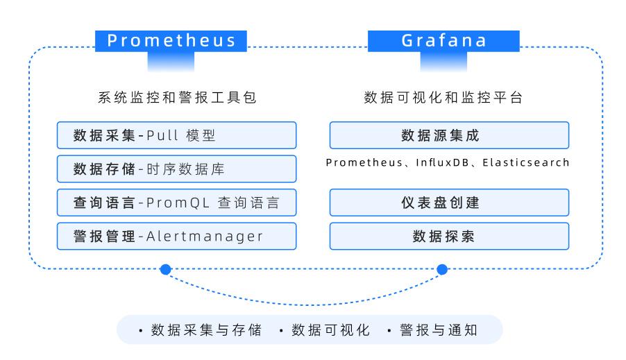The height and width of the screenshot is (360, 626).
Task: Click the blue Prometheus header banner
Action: click(171, 41)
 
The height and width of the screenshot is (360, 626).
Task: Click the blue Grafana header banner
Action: click(443, 41)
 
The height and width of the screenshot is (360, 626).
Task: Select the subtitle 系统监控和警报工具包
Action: click(177, 97)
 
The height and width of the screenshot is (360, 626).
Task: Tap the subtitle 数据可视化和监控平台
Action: click(443, 97)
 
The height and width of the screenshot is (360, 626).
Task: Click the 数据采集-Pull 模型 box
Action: click(176, 135)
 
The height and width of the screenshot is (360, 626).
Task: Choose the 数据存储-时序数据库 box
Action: click(176, 169)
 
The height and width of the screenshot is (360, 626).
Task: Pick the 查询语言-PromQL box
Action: click(176, 203)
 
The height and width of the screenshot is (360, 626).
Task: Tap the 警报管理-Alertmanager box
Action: click(176, 236)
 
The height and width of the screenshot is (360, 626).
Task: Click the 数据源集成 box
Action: click(449, 135)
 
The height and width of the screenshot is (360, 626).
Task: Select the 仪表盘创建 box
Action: click(449, 203)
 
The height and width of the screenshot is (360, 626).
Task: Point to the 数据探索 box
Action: click(449, 236)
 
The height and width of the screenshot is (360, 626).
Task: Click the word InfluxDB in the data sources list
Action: click(442, 162)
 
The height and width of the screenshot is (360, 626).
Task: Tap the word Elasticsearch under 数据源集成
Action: click(525, 162)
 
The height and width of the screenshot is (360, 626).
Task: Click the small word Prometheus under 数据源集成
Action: click(364, 162)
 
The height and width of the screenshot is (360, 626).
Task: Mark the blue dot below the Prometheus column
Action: click(165, 269)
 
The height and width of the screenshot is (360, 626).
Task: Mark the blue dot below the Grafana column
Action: click(442, 269)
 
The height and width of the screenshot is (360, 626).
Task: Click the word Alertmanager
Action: click(205, 237)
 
